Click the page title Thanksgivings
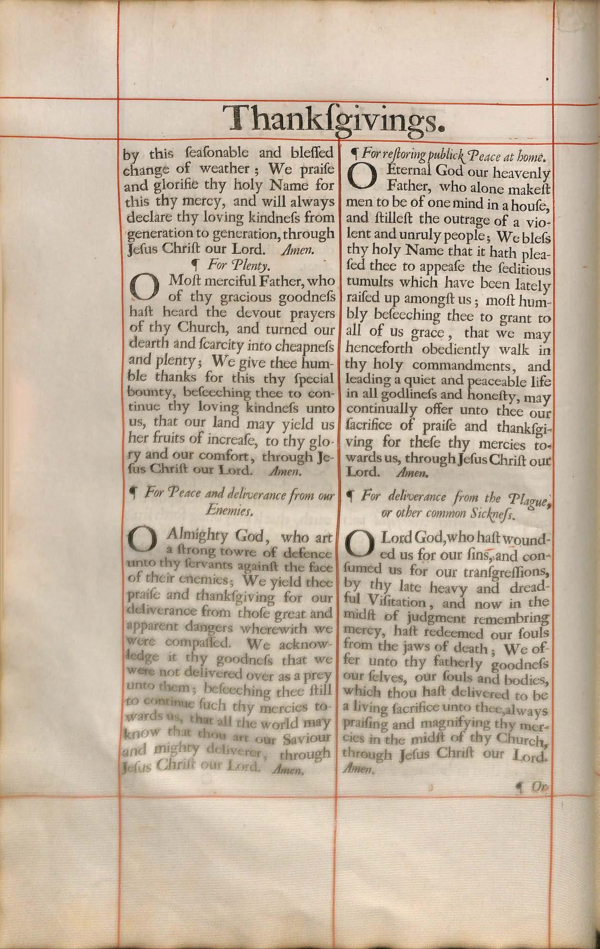[x=335, y=118]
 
